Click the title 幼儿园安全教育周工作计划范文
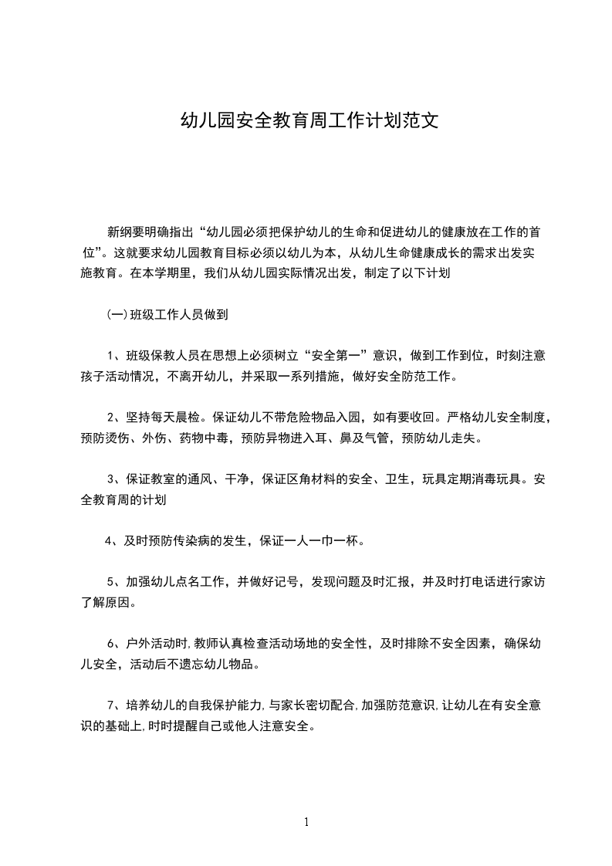tap(309, 121)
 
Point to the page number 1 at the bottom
tap(306, 822)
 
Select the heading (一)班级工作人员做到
tap(167, 314)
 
